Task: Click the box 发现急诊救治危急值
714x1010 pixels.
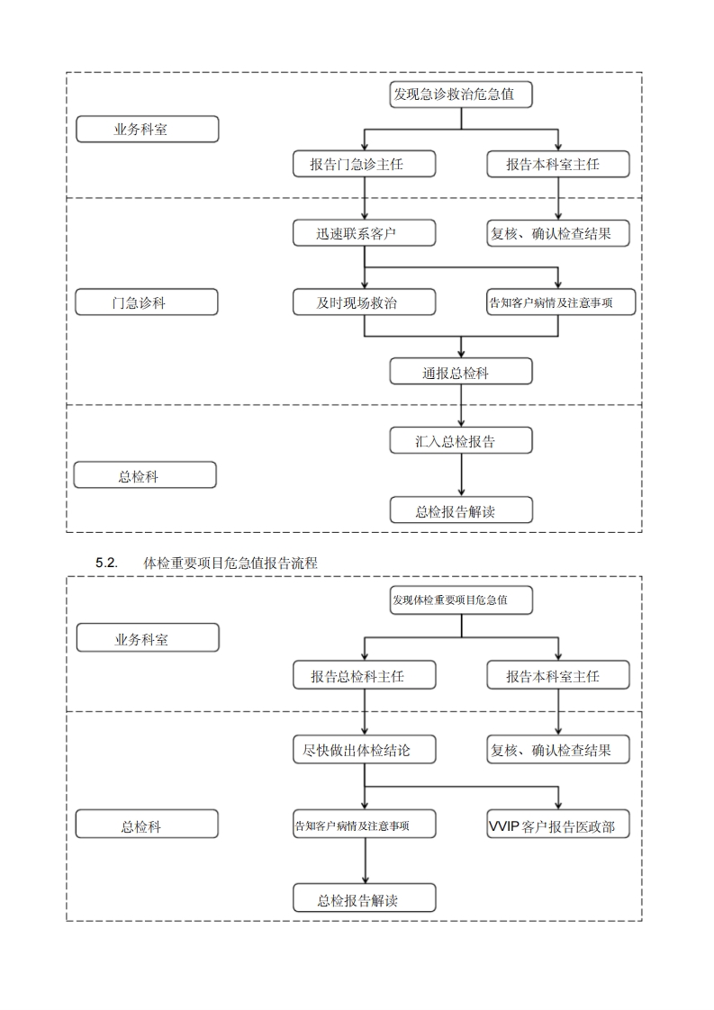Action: [x=461, y=95]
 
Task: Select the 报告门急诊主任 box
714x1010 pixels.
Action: [x=364, y=164]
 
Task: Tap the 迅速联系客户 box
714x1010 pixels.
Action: [x=364, y=233]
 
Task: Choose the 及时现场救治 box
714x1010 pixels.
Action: [x=364, y=302]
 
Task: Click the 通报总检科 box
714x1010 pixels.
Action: [x=461, y=372]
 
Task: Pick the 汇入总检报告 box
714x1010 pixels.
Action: [x=461, y=440]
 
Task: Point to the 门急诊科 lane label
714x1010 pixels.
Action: [x=146, y=302]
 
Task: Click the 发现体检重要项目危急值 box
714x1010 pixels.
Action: [x=461, y=600]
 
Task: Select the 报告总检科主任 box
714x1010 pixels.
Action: [x=364, y=675]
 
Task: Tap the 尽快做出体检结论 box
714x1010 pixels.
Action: [x=364, y=749]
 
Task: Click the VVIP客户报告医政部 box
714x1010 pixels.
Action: [x=557, y=825]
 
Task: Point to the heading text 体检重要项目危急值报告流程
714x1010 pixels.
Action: [x=230, y=563]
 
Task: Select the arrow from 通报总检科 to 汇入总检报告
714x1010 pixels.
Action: [x=461, y=406]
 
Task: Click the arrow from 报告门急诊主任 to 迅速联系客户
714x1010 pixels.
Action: [x=364, y=198]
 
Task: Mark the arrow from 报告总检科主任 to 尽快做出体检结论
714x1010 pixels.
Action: [x=364, y=712]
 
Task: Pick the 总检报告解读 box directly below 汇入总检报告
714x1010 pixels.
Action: [x=461, y=510]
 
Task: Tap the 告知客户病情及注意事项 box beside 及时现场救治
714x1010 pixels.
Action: [x=557, y=302]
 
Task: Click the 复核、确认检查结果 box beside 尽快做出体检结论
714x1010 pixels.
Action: [x=557, y=749]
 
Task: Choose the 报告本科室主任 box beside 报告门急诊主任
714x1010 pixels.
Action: [x=557, y=164]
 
